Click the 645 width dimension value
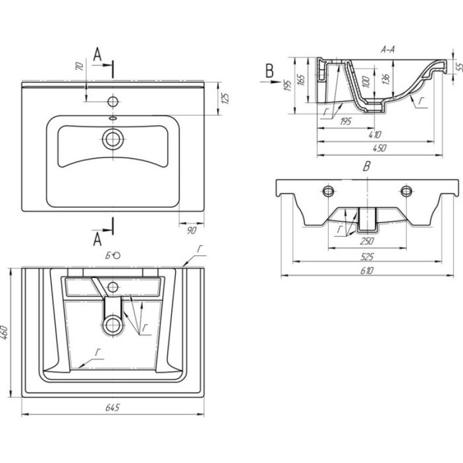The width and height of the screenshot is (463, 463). point(112,407)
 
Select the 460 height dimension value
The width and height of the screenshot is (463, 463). point(4,332)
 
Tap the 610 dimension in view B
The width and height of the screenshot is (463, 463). point(367,270)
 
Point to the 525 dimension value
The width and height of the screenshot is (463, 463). point(367,256)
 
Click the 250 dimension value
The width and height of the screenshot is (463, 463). point(367,241)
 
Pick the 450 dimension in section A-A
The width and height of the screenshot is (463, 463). point(380,148)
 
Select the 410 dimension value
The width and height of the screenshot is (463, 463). point(375,135)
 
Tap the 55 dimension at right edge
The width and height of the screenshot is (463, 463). point(459,67)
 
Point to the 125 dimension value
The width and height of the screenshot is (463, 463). point(225,98)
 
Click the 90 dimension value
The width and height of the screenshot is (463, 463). point(192,230)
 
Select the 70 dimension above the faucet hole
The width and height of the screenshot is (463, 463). point(80,66)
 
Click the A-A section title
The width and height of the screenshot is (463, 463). point(387,50)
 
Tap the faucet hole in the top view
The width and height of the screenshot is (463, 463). point(113,102)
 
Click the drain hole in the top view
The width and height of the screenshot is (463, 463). point(113,139)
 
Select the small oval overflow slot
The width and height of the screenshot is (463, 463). point(113,119)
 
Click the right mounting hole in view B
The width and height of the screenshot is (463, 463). point(406,191)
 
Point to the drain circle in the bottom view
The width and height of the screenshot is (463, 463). point(112,326)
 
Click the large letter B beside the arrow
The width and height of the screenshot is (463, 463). point(270,71)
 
